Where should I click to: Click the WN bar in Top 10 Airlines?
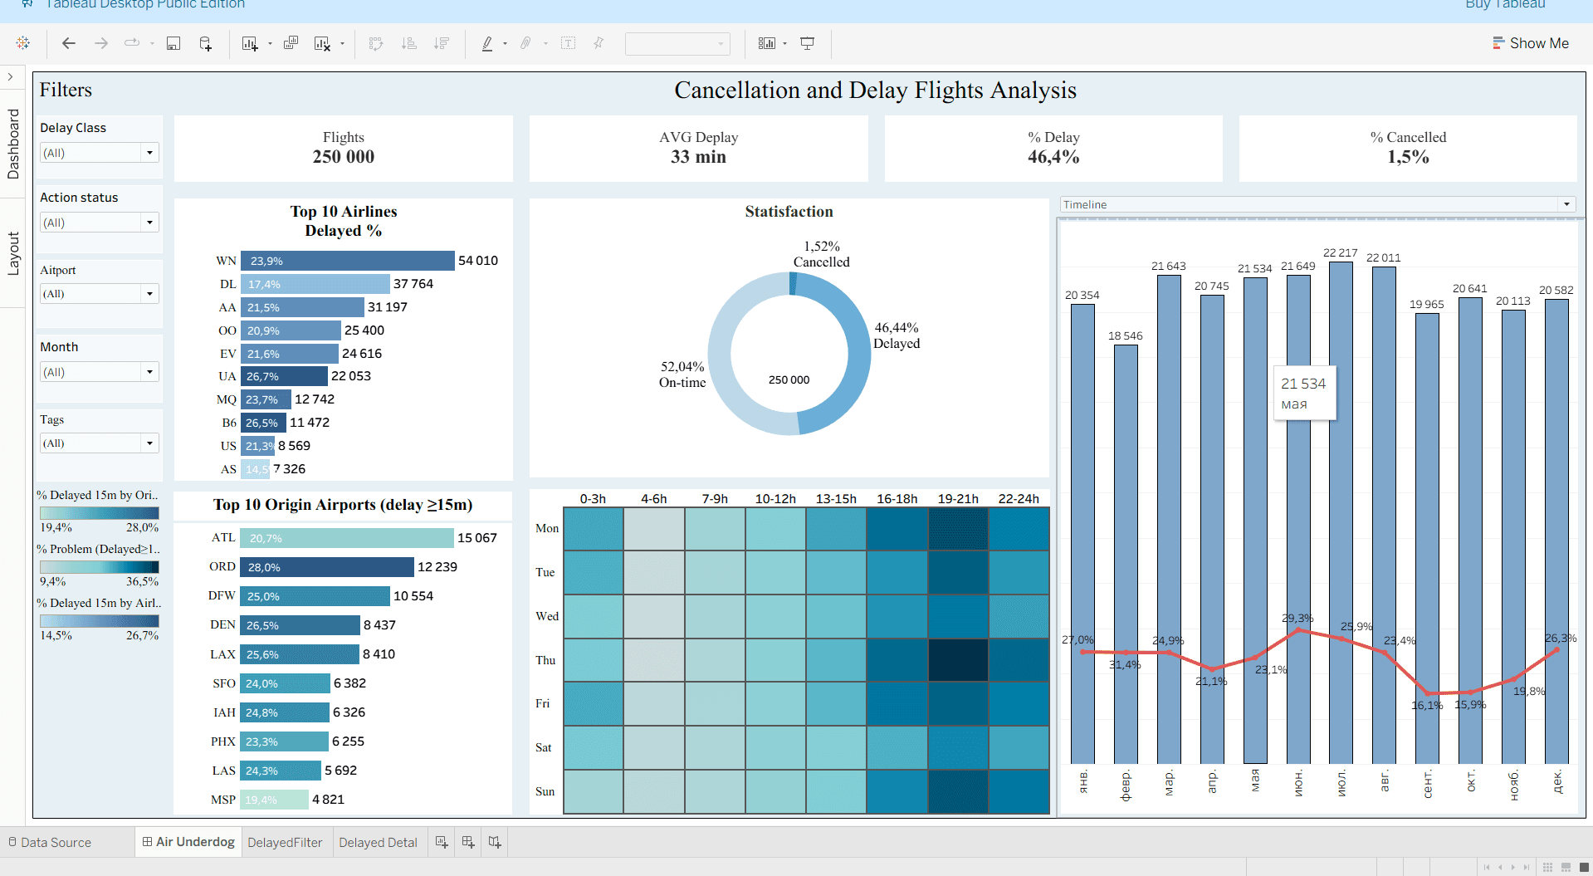tap(347, 261)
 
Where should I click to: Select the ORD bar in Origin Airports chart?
tap(327, 567)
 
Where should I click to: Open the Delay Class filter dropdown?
tap(149, 153)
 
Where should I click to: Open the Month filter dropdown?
tap(149, 372)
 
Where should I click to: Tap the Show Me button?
tap(1531, 43)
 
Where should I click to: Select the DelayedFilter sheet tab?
tap(285, 842)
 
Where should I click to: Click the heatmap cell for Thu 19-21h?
tap(958, 660)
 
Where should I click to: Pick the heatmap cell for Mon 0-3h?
tap(593, 529)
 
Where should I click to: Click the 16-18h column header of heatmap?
tap(897, 499)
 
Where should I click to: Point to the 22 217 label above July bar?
tap(1340, 252)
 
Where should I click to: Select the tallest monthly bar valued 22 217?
tap(1341, 498)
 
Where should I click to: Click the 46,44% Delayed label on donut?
tap(897, 335)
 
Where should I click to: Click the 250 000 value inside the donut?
tap(789, 379)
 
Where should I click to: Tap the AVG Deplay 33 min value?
tap(698, 157)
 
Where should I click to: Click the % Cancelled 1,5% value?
tap(1408, 157)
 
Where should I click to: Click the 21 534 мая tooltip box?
tap(1304, 393)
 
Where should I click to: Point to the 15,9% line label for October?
tap(1470, 704)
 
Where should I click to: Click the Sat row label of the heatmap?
tap(544, 747)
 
